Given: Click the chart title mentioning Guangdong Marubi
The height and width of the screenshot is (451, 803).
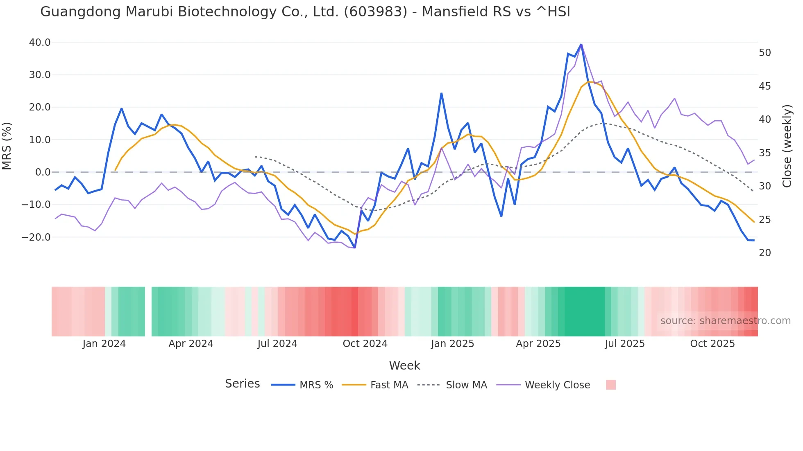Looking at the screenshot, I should click(305, 12).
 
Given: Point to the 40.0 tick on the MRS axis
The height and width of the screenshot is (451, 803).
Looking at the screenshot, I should click(40, 43).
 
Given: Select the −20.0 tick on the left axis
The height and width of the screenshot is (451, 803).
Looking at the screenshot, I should click(36, 237).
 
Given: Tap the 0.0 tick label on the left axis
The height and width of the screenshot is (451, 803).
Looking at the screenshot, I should click(43, 172).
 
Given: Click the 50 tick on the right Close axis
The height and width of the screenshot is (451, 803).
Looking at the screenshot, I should click(764, 53).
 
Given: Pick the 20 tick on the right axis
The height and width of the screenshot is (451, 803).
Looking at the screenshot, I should click(764, 253).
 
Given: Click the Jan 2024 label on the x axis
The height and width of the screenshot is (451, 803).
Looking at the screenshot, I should click(104, 344).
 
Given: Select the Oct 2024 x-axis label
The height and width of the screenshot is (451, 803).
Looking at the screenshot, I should click(365, 344).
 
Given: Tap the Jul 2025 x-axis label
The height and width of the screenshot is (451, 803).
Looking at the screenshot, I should click(624, 344).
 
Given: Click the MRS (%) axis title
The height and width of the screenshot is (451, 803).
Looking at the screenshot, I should click(7, 146).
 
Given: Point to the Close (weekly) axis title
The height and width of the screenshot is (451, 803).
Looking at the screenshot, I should click(787, 146).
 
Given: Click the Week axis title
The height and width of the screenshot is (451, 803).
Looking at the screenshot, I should click(404, 365).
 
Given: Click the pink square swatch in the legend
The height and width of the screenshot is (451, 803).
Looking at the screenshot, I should click(610, 385).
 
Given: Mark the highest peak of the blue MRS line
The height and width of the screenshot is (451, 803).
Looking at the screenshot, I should click(581, 44).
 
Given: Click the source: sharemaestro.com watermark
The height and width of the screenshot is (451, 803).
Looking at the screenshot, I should click(725, 321).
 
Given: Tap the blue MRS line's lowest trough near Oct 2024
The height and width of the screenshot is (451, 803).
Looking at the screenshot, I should click(354, 248).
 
